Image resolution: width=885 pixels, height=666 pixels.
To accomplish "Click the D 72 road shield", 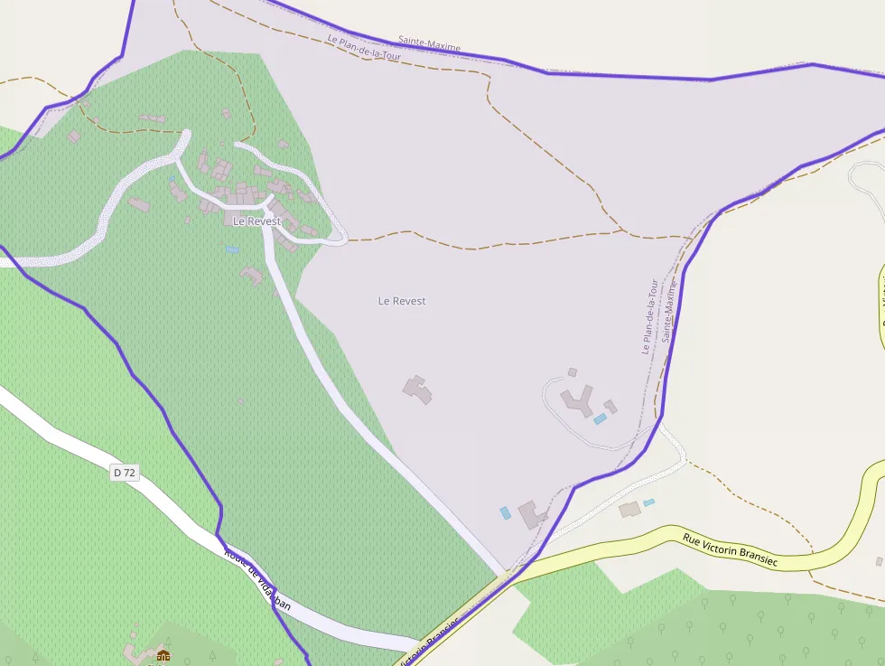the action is click(x=125, y=472).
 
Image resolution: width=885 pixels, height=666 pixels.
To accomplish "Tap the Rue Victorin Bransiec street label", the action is click(x=730, y=549).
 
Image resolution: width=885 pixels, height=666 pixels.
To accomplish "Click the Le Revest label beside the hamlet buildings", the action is click(x=256, y=221).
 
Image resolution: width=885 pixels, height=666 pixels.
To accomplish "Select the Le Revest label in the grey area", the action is click(x=402, y=301).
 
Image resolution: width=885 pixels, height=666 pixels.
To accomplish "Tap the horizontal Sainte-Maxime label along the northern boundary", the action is click(x=430, y=42).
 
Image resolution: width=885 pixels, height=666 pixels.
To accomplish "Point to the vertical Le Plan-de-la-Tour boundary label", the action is click(x=649, y=316).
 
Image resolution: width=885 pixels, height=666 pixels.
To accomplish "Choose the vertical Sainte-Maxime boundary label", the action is click(x=669, y=310).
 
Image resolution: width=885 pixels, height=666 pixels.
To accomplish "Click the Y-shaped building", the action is click(x=577, y=399).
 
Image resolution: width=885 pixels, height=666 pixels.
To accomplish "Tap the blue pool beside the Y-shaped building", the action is click(x=600, y=418).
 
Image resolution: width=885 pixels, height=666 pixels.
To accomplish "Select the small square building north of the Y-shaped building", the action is click(x=572, y=372).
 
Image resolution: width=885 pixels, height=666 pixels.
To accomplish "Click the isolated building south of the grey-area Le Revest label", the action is click(x=417, y=389).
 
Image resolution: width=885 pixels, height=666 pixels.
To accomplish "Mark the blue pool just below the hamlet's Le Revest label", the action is click(x=232, y=249).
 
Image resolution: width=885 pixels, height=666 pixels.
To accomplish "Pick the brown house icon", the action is click(x=163, y=655).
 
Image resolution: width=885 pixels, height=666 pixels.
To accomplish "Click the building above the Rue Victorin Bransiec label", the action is click(x=629, y=510).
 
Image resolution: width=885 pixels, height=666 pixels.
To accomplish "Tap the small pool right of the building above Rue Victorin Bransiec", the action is click(x=649, y=502).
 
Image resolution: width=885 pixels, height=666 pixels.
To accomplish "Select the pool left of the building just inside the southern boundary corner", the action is click(x=505, y=512).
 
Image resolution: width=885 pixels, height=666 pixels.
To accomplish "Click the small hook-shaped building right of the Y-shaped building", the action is click(x=610, y=407).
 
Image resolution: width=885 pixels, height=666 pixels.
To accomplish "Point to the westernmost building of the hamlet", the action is click(x=73, y=136).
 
